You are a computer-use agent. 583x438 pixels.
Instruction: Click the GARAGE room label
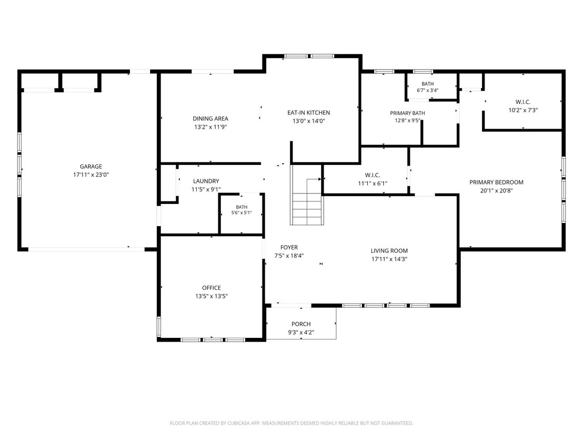(91, 167)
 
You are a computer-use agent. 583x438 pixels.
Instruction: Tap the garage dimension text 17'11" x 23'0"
(91, 174)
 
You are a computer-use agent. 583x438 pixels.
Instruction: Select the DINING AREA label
(210, 119)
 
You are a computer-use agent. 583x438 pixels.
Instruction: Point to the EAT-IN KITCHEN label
(309, 112)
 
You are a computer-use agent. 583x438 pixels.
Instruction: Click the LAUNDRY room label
(206, 181)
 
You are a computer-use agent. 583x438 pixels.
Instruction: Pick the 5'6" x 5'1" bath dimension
(242, 213)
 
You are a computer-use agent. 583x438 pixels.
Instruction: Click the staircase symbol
(307, 195)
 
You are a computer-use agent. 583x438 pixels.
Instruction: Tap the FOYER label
(289, 247)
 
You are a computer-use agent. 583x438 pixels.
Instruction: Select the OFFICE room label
(212, 288)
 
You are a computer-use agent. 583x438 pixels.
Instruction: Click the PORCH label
(301, 324)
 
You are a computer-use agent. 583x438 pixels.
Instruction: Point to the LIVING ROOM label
(389, 251)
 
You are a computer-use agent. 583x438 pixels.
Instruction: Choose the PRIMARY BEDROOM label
(496, 182)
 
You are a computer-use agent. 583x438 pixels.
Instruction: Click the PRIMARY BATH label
(407, 113)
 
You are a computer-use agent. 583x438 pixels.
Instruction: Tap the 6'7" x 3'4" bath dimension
(428, 90)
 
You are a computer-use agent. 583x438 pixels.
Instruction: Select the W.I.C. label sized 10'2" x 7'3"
(523, 102)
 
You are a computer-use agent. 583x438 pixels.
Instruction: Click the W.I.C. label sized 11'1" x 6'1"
(373, 175)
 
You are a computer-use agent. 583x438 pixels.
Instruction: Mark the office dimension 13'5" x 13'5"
(212, 296)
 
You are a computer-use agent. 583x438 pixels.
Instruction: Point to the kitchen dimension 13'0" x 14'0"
(309, 121)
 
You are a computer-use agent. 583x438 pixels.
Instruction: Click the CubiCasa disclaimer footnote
(291, 423)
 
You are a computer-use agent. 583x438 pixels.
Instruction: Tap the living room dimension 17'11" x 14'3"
(389, 259)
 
